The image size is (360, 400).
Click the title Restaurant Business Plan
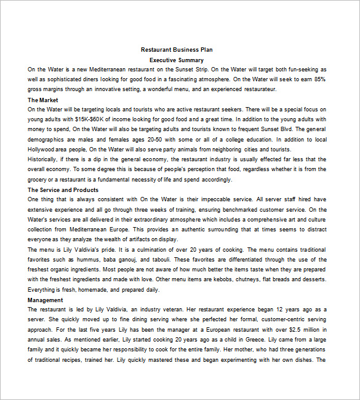(177, 50)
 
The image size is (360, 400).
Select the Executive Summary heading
(177, 60)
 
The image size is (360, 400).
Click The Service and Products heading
(63, 190)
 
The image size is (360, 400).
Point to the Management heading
(46, 300)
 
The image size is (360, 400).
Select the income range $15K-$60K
(92, 119)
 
